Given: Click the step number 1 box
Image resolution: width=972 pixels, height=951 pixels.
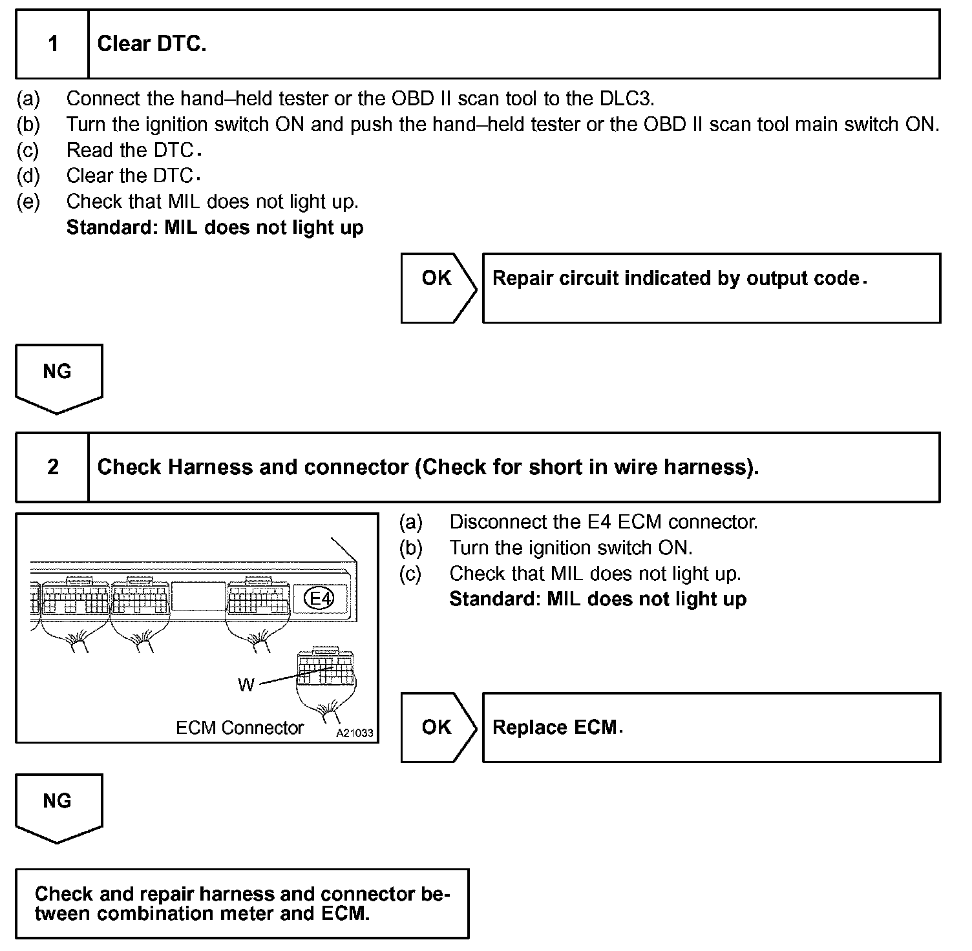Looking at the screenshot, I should (52, 44).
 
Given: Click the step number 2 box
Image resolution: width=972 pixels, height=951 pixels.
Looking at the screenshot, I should (52, 467).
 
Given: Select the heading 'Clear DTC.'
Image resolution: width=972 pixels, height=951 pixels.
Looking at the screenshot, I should (152, 44).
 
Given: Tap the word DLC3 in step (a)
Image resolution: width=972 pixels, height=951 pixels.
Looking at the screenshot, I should (628, 98).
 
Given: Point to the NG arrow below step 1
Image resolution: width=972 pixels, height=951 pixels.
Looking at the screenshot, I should (58, 377).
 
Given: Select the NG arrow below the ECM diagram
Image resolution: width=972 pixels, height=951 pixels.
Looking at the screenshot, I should (58, 807).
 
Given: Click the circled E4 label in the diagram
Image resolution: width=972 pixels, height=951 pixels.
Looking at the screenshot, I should (320, 598).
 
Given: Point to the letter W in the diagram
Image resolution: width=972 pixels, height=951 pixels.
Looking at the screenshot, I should (246, 685).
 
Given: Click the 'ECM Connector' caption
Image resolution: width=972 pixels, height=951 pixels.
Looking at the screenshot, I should (239, 728).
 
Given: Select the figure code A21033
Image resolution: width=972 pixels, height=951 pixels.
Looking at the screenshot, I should (354, 733).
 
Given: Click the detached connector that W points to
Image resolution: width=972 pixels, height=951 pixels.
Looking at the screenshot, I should (325, 669).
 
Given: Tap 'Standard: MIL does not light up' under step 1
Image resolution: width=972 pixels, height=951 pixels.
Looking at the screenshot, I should (215, 227).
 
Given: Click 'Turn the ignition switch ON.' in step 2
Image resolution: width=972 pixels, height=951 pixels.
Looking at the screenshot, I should (571, 548).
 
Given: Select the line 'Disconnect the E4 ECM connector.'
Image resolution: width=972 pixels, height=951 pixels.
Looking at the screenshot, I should (603, 522).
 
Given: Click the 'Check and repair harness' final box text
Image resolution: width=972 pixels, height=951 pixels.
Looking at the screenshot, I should (242, 903).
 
